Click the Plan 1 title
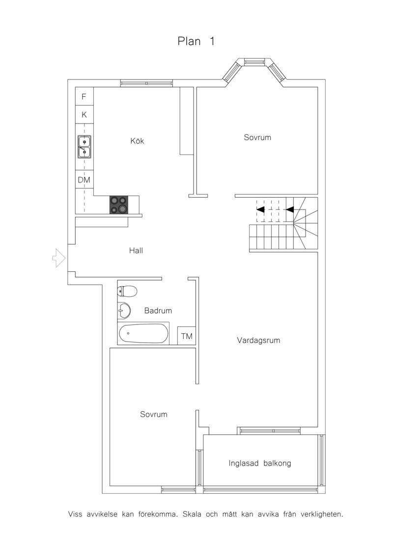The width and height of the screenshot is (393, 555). pos(196,41)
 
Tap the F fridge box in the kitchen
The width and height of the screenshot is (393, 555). pos(84,96)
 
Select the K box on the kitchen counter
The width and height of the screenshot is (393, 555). pos(84,115)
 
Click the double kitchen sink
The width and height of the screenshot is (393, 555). pos(84,147)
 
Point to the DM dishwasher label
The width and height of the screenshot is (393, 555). pos(84,180)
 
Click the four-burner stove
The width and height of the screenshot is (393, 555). pos(119,205)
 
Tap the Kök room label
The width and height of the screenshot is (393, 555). pos(137,141)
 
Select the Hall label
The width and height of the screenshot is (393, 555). pos(136,251)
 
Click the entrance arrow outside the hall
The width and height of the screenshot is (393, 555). pos(59,258)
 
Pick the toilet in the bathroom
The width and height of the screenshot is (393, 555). pos(127,291)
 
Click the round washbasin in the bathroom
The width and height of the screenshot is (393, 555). pos(124,311)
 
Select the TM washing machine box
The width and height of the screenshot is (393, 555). pos(187,336)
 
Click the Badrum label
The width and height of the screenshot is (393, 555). pos(158,311)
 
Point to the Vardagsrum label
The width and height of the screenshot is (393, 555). pos(259,341)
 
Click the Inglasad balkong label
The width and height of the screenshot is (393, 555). pos(260,463)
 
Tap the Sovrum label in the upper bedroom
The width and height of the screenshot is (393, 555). pos(257,137)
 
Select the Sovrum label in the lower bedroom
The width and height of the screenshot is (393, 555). pos(154,415)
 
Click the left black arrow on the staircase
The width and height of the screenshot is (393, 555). pos(260,209)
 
